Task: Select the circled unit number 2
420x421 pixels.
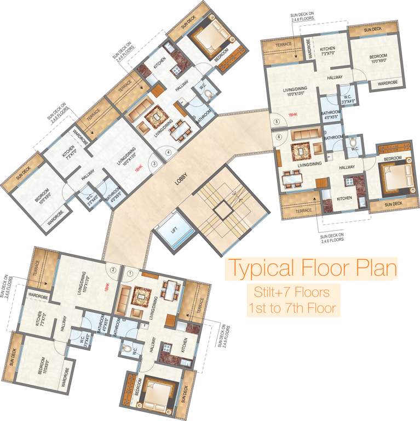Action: [x=113, y=269]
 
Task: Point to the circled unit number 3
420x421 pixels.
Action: [x=155, y=163]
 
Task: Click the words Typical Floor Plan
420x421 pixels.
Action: [x=313, y=269]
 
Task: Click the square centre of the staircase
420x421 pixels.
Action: [x=223, y=208]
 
